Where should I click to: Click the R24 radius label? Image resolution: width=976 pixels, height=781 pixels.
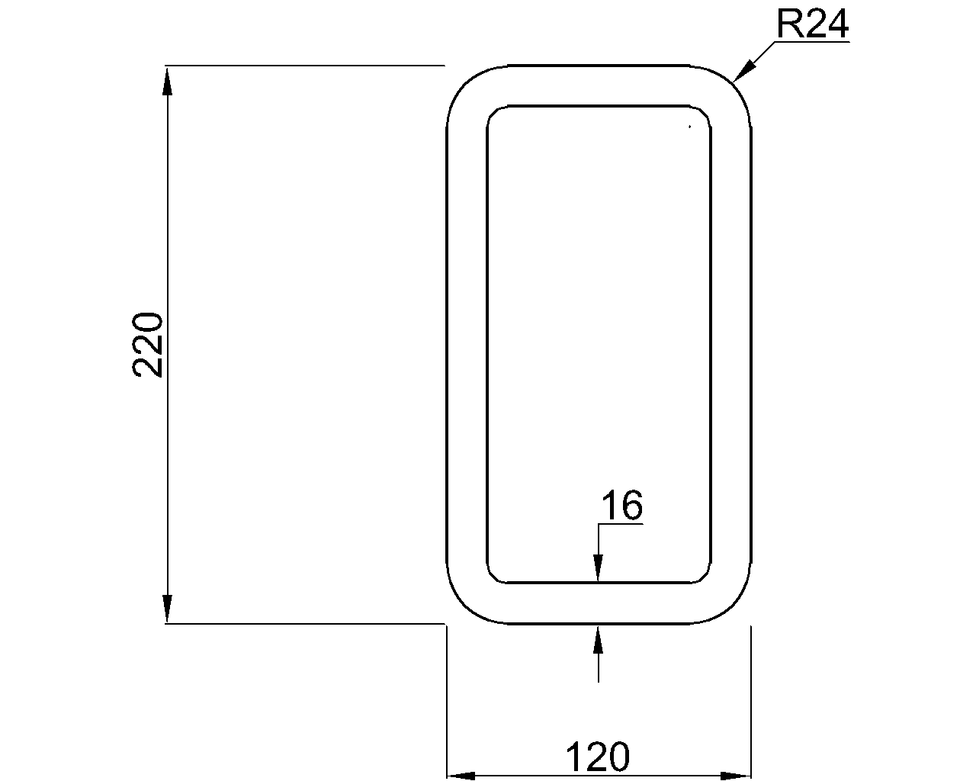(812, 25)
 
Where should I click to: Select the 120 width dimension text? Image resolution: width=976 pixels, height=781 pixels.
(598, 757)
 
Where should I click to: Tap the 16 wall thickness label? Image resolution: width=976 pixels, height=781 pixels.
(621, 506)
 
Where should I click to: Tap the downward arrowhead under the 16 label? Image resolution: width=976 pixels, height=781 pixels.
(599, 569)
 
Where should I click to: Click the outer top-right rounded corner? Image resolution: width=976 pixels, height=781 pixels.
(737, 82)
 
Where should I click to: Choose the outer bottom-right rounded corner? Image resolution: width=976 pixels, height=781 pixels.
(737, 607)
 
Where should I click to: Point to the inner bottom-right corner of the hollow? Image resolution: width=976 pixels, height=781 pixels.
(705, 577)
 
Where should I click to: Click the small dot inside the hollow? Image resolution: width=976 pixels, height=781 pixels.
(689, 127)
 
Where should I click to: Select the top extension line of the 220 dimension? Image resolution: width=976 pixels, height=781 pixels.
(305, 66)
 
